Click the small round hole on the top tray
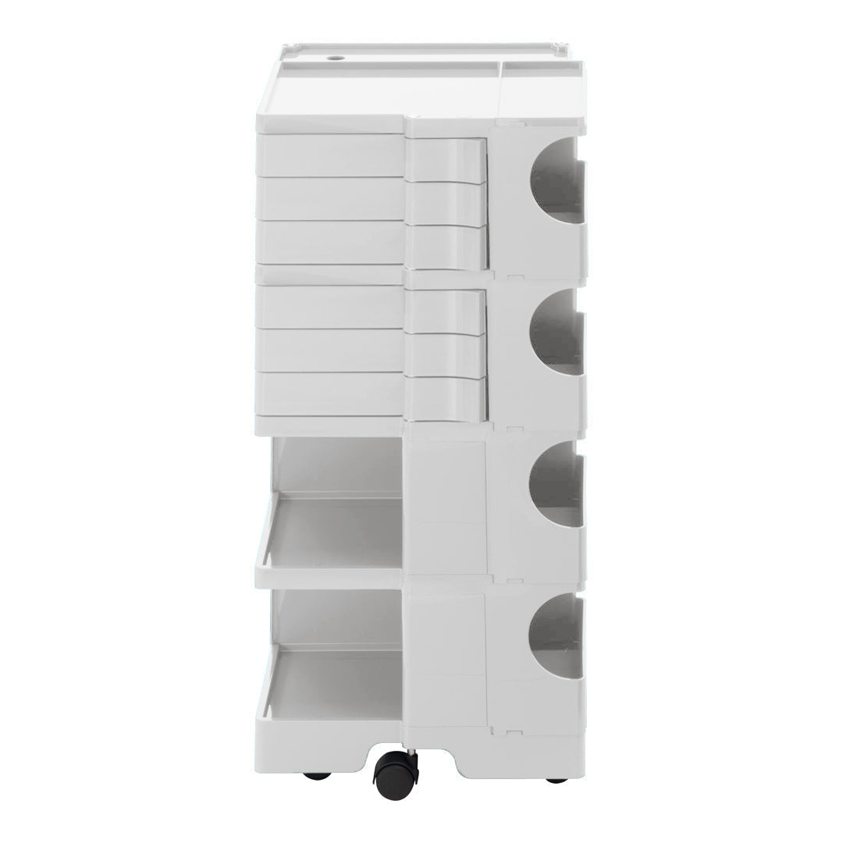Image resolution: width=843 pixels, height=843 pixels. [337, 58]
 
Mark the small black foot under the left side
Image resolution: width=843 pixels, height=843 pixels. [317, 776]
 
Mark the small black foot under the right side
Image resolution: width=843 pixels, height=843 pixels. [556, 779]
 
